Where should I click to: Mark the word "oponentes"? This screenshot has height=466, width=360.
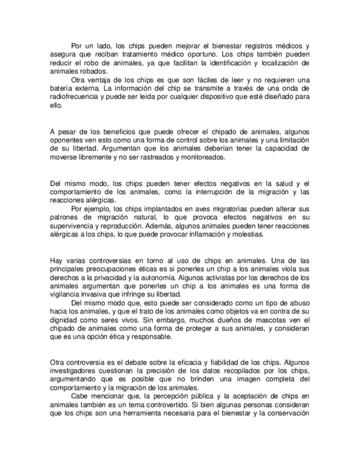(x=65, y=140)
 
